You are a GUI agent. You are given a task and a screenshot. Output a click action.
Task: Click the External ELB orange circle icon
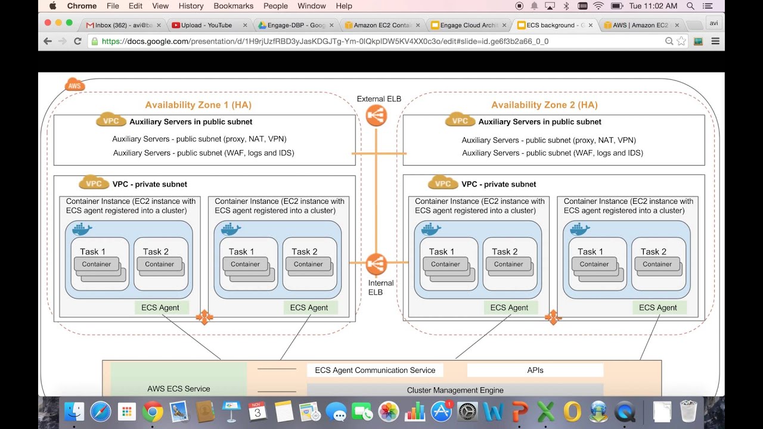[x=376, y=116]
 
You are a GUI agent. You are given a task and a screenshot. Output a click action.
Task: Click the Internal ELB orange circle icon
[x=376, y=263]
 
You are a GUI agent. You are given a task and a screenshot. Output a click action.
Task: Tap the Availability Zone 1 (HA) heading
[x=198, y=105]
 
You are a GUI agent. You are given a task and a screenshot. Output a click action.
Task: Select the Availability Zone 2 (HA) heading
[x=544, y=105]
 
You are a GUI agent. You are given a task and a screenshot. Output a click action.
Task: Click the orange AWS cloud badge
[x=75, y=85]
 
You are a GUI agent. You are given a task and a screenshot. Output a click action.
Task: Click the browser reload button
[x=77, y=41]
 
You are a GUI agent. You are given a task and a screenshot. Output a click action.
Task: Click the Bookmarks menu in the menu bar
[x=233, y=6]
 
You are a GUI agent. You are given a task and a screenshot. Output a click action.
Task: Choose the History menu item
[x=191, y=6]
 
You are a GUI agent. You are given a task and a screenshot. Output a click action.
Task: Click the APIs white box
[x=535, y=370]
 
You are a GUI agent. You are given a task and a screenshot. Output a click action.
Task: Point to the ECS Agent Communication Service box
[x=375, y=370]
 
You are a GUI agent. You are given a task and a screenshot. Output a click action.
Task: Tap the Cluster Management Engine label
[x=455, y=390]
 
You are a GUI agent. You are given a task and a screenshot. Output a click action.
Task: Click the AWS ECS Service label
[x=179, y=388]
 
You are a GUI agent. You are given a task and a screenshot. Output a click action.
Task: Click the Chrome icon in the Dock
[x=153, y=411]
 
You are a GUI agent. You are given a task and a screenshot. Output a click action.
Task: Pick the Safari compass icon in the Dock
[x=100, y=411]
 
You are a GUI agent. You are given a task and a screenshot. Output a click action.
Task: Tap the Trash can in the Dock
[x=688, y=411]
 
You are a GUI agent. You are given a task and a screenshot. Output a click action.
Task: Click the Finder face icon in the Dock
[x=75, y=411]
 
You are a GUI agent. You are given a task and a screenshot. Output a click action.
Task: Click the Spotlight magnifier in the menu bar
[x=690, y=6]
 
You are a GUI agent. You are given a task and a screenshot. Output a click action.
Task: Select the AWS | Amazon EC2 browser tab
[x=641, y=25]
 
